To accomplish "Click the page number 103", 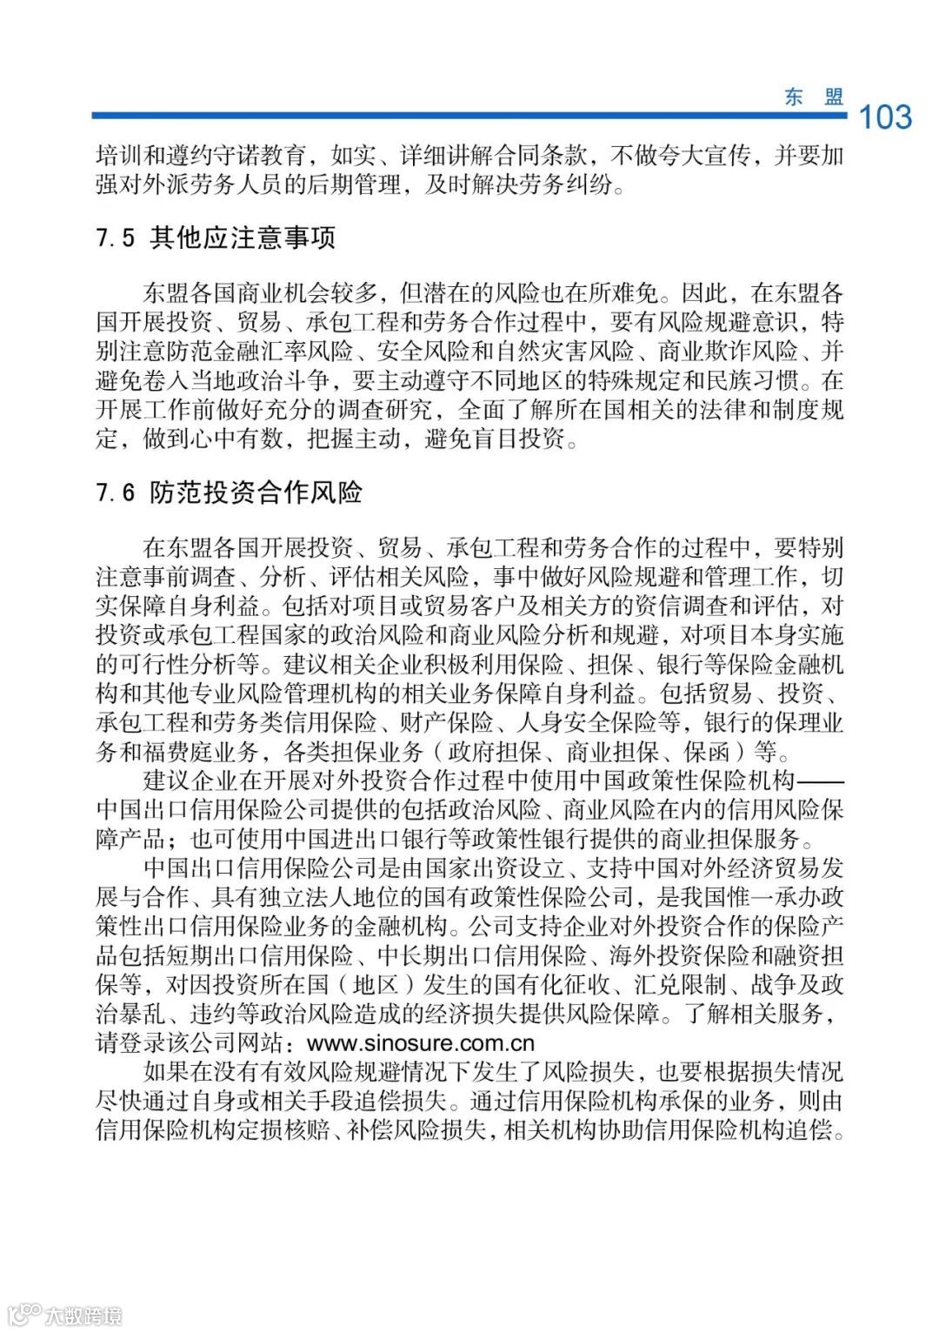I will pyautogui.click(x=885, y=117).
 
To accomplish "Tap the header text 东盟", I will pyautogui.click(x=814, y=97).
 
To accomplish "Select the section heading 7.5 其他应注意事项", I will pyautogui.click(x=216, y=238).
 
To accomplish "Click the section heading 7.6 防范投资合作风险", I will pyautogui.click(x=230, y=493).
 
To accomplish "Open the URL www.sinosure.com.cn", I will pyautogui.click(x=421, y=1042).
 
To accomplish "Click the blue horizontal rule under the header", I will pyautogui.click(x=469, y=115).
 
